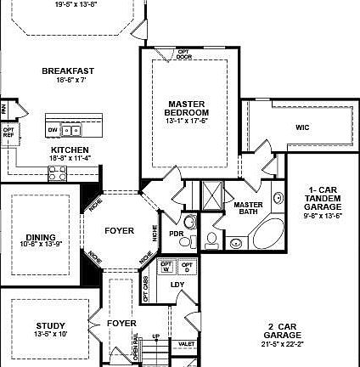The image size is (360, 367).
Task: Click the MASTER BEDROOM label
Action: coord(188,108)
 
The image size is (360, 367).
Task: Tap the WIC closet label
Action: coord(302,127)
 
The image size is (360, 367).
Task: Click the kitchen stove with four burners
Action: coord(58,173)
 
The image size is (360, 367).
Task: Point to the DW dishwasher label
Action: coord(53,130)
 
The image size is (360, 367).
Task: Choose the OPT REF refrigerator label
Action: coord(8,133)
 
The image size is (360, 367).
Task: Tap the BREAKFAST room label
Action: coord(68,71)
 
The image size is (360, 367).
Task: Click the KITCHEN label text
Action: coord(70,150)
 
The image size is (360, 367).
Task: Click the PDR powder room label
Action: coord(177,234)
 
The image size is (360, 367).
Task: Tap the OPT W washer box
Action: coord(166,266)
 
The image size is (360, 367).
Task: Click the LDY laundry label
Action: coord(177,285)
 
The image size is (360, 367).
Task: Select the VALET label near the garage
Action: coord(186,344)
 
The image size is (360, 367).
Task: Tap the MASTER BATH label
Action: coord(248,207)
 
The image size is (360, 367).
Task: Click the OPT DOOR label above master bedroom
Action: coord(184,54)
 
